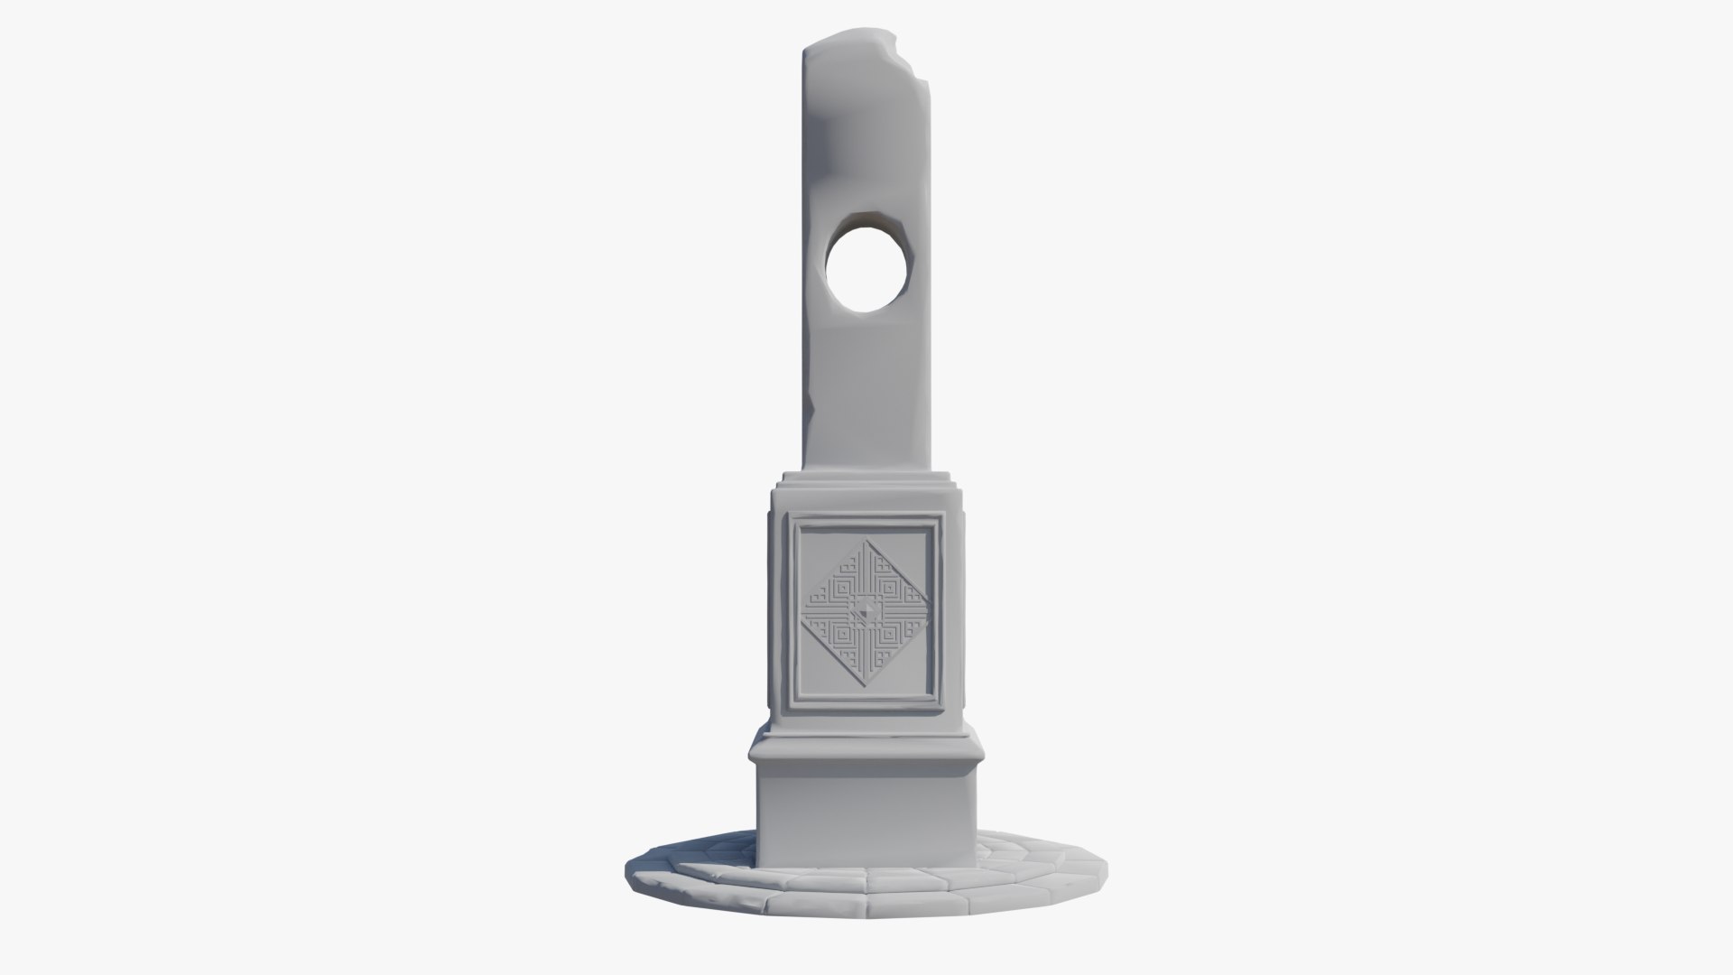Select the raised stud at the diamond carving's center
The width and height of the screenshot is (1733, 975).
tap(866, 614)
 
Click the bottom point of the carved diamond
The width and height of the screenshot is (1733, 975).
tap(866, 688)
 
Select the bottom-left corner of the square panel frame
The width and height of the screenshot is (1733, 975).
tap(791, 704)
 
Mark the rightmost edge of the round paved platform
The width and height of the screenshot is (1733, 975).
tap(1108, 872)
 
